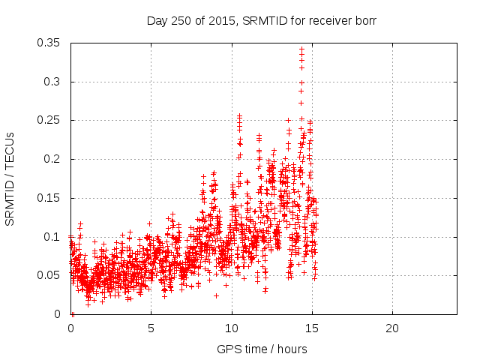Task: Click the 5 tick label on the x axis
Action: pyautogui.click(x=151, y=328)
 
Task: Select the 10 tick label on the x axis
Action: pyautogui.click(x=231, y=328)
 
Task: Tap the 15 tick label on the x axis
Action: pyautogui.click(x=311, y=328)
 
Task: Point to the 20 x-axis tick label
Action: pyautogui.click(x=391, y=328)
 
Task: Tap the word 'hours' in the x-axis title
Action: pyautogui.click(x=292, y=349)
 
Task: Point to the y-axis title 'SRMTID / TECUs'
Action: pyautogui.click(x=10, y=178)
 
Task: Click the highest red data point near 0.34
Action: pyautogui.click(x=301, y=49)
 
